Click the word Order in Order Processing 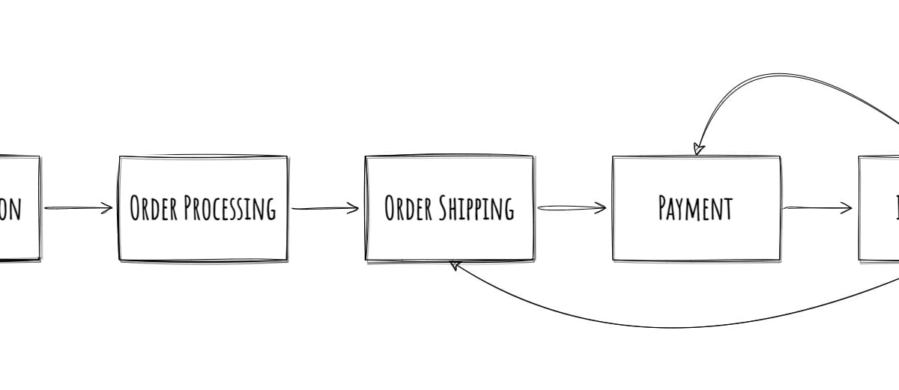pyautogui.click(x=154, y=208)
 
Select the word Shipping pyautogui.click(x=476, y=208)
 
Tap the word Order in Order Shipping pyautogui.click(x=409, y=208)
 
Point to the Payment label pyautogui.click(x=695, y=208)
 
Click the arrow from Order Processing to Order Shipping pyautogui.click(x=325, y=208)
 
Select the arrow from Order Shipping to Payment pyautogui.click(x=571, y=208)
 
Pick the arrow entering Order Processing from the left pyautogui.click(x=78, y=208)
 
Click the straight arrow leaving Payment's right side pyautogui.click(x=817, y=208)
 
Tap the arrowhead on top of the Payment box pyautogui.click(x=698, y=147)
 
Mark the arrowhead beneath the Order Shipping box pyautogui.click(x=454, y=265)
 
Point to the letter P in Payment pyautogui.click(x=663, y=208)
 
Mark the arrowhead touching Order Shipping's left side pyautogui.click(x=354, y=208)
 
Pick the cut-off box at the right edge pyautogui.click(x=880, y=208)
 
